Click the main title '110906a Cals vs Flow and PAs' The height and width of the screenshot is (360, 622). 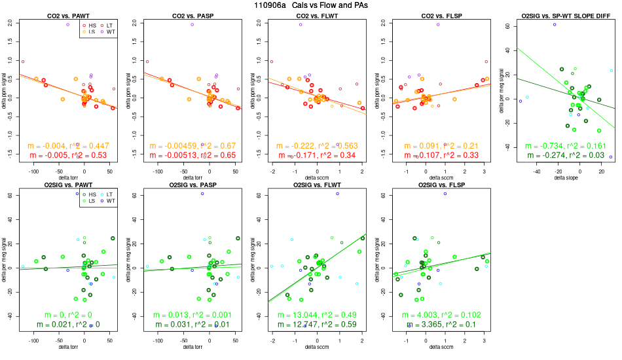point(310,5)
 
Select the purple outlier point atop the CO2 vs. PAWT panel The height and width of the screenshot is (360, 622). point(67,24)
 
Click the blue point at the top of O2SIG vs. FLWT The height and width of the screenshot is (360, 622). point(338,194)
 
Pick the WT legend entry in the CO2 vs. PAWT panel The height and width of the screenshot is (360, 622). point(108,31)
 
